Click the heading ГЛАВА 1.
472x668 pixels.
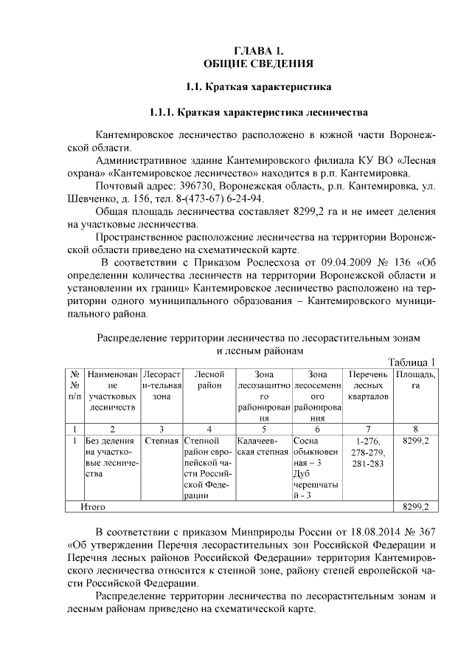[258, 50]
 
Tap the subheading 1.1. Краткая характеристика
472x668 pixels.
[258, 88]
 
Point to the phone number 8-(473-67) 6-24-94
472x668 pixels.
[219, 199]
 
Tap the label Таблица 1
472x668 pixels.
[412, 362]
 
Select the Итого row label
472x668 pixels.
[94, 507]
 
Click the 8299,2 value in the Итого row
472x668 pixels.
[416, 507]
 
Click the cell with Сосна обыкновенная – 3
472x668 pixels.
[317, 452]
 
